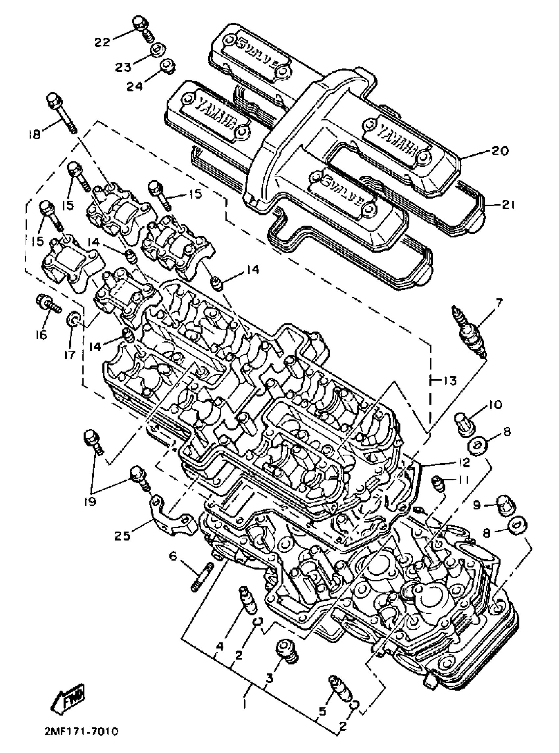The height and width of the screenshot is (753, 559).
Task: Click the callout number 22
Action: click(102, 43)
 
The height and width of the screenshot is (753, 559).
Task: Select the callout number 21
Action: click(505, 205)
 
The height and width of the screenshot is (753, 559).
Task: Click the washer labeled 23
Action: click(158, 51)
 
